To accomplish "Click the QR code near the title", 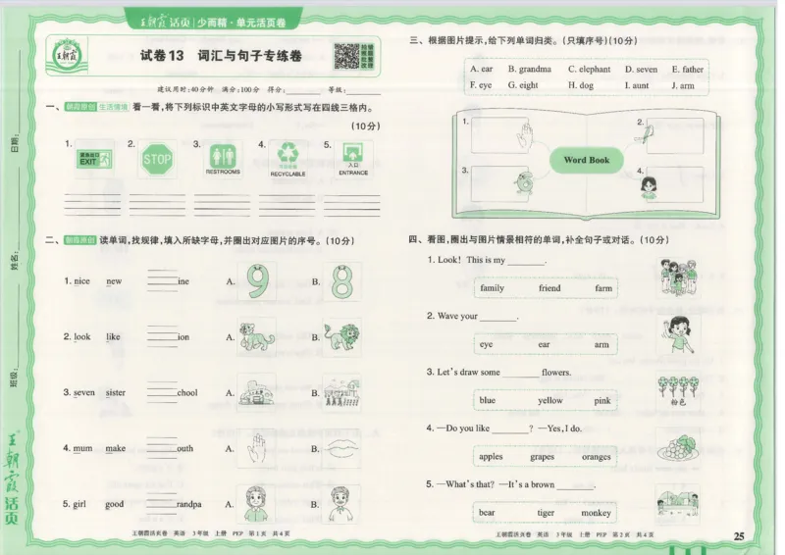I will point(346,57).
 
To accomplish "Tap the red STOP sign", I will point(156,160).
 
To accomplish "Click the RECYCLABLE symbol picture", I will point(288,154).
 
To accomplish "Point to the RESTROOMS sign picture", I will point(223,156).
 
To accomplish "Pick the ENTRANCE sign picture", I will point(353,155).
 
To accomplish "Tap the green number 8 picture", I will point(341,281).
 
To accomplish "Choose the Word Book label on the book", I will point(587,160).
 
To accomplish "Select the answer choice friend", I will point(549,288).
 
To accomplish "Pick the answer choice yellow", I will point(550,400).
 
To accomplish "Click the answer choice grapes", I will point(542,457).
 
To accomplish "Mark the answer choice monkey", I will point(596,513).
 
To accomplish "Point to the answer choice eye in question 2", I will point(487,344).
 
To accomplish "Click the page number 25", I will point(740,534).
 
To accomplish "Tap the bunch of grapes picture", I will point(677,449).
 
